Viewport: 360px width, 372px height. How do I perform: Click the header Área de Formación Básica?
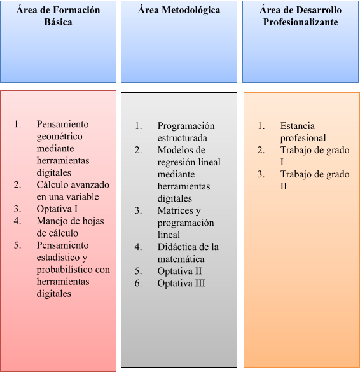click(x=58, y=16)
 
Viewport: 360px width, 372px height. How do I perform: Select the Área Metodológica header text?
click(x=179, y=10)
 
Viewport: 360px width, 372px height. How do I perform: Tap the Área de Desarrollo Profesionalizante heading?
click(x=300, y=16)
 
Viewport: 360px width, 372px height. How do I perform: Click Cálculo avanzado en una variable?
click(x=73, y=191)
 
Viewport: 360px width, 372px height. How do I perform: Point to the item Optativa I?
click(x=57, y=209)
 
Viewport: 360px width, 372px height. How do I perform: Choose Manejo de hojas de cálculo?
click(x=70, y=227)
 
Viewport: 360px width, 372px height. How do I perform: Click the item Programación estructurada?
click(x=186, y=132)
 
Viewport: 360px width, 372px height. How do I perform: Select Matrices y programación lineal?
click(x=186, y=223)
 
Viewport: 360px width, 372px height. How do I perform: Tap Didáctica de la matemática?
click(x=188, y=252)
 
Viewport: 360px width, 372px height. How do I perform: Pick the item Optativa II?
click(x=179, y=271)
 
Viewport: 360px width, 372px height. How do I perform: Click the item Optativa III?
click(x=181, y=283)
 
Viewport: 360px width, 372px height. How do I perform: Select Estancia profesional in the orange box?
click(x=303, y=132)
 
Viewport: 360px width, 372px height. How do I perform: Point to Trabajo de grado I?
click(x=315, y=156)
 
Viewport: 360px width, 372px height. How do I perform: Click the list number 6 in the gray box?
click(x=137, y=283)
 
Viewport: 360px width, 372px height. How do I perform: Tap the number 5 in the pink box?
click(x=17, y=245)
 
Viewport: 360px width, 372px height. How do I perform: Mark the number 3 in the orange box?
click(x=261, y=174)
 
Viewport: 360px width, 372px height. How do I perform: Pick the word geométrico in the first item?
click(x=59, y=136)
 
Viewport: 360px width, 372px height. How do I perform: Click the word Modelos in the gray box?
click(x=173, y=150)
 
